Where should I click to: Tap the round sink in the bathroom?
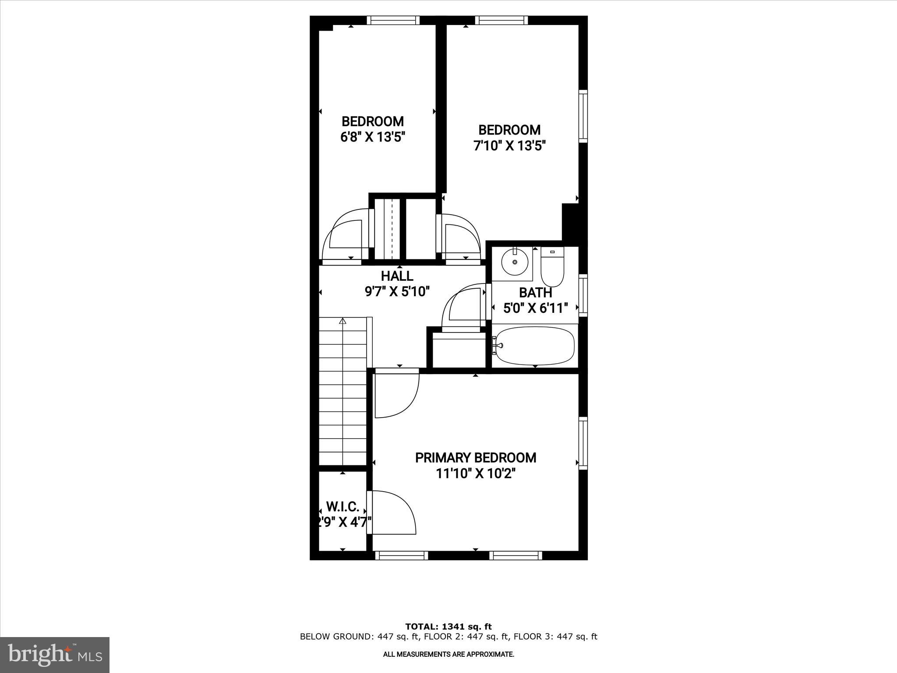515,262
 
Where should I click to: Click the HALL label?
397,276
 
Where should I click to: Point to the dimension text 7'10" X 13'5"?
509,145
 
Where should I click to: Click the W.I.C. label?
343,507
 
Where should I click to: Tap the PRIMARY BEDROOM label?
475,457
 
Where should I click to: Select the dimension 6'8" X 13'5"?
372,137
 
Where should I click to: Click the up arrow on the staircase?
343,321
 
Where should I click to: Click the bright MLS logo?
55,655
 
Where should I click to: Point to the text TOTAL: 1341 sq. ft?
448,627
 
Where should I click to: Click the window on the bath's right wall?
583,295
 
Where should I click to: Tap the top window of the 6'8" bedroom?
393,20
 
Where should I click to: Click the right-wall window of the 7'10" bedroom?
583,116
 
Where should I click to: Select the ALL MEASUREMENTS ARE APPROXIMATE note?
448,655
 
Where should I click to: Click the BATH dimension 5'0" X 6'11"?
535,308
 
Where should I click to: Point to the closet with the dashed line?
388,229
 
